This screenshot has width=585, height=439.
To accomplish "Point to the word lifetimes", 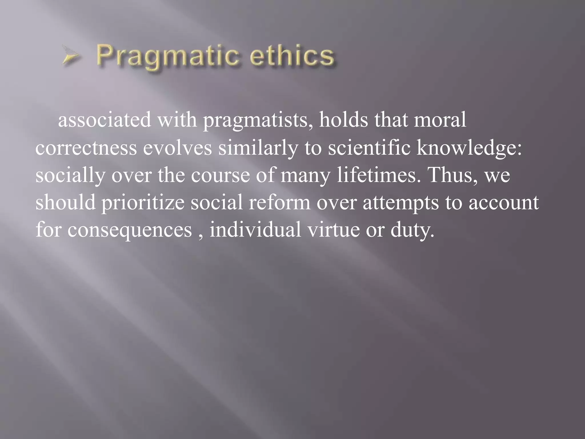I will point(376,175).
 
